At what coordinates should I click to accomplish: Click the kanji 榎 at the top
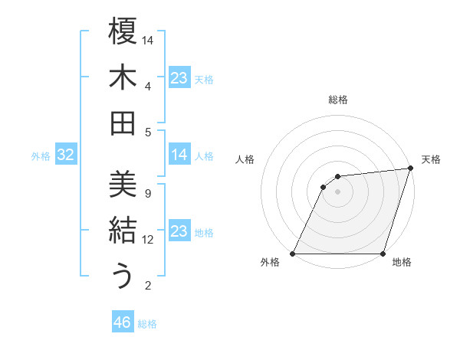click(123, 31)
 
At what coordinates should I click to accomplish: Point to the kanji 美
click(123, 185)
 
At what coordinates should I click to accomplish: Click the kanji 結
click(123, 231)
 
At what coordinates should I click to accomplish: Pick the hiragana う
click(123, 277)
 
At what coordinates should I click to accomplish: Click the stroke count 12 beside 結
click(149, 240)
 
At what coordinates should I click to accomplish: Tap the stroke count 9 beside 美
click(148, 193)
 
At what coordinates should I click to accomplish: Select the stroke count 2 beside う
click(148, 286)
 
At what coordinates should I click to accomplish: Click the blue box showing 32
click(65, 155)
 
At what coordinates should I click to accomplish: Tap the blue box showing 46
click(122, 322)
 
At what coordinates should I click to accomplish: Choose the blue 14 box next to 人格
click(179, 155)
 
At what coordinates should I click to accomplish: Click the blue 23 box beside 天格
click(179, 77)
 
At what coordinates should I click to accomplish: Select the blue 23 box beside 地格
click(179, 231)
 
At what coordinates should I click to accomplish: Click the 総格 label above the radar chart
click(337, 100)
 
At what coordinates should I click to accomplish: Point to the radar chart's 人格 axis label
click(245, 159)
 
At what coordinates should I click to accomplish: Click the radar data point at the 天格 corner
click(410, 169)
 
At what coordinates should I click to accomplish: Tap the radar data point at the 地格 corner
click(383, 254)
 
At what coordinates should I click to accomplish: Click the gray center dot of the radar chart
click(337, 191)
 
